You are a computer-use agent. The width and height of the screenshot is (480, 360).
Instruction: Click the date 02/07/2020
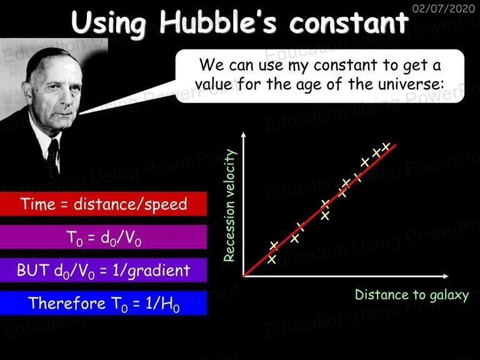click(444, 8)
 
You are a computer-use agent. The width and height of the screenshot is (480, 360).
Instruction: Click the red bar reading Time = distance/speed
click(103, 204)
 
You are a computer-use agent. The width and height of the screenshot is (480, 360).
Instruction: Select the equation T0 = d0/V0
click(104, 238)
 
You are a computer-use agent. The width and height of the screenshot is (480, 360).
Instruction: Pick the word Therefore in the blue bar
click(67, 302)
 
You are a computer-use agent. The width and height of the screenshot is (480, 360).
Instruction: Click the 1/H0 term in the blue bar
click(162, 304)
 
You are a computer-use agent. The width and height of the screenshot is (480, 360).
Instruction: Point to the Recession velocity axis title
click(229, 205)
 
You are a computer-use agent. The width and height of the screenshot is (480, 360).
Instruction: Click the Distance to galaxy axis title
click(412, 295)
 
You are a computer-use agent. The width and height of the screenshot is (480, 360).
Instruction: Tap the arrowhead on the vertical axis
click(244, 135)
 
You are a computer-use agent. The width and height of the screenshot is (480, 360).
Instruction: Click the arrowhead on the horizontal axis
click(446, 276)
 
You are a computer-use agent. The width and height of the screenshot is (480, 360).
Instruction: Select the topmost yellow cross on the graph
click(386, 147)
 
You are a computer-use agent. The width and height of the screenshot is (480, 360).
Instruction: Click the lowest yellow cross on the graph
click(271, 259)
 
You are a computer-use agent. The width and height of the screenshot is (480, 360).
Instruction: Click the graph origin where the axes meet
click(244, 276)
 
